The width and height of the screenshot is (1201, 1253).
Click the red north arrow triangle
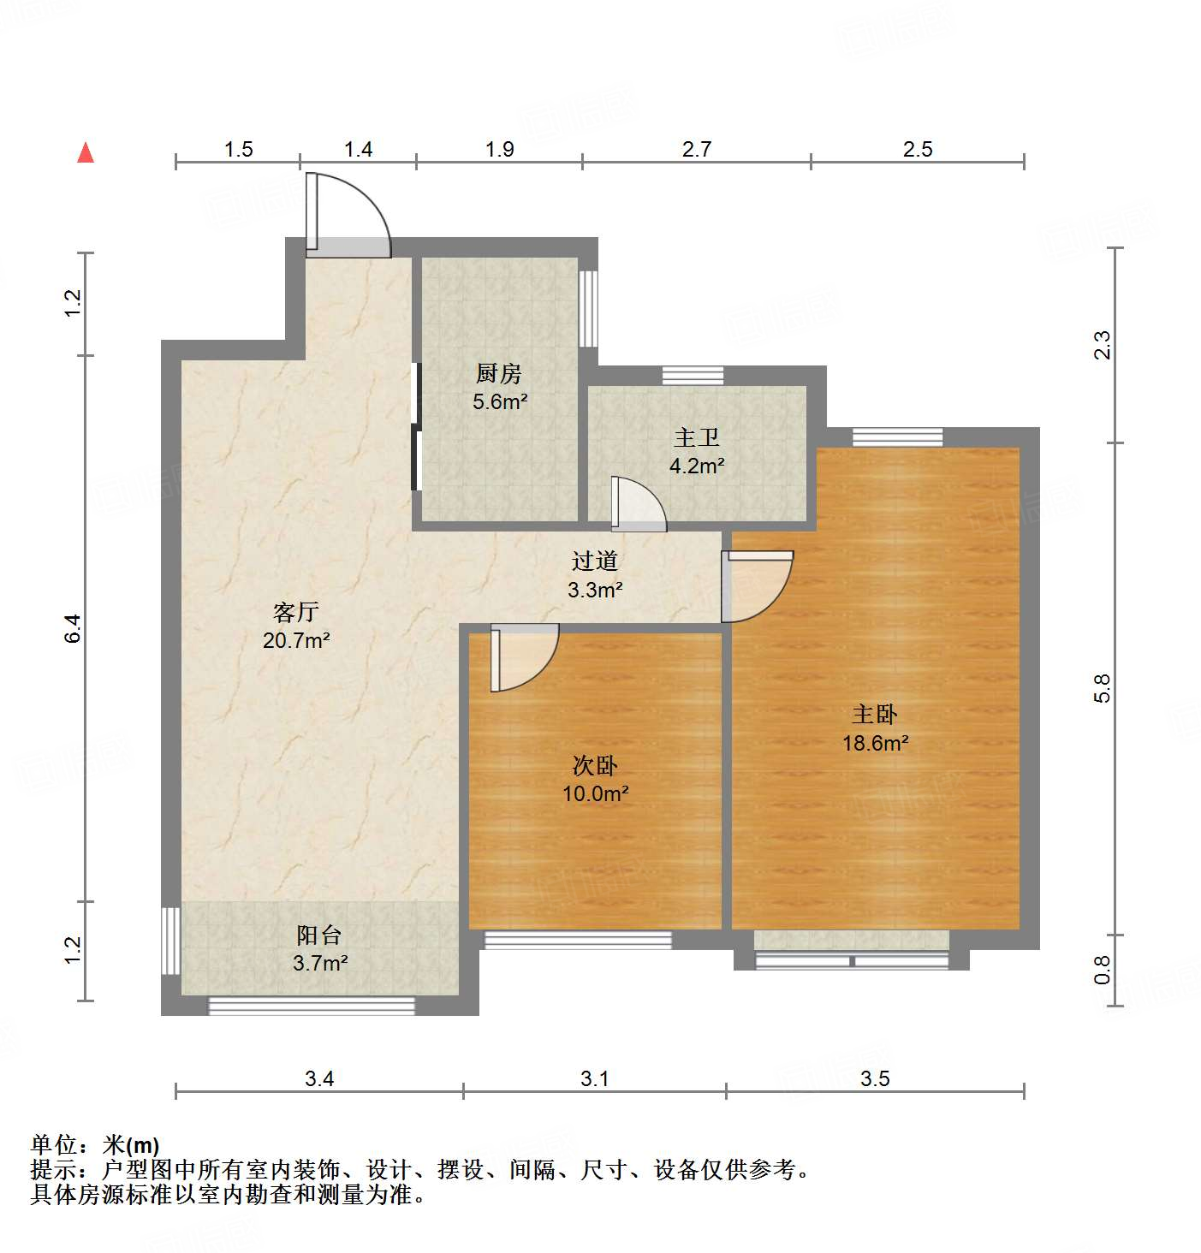click(x=86, y=153)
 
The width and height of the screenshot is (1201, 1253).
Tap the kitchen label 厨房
click(x=499, y=374)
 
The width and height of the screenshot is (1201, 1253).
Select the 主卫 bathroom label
click(x=696, y=438)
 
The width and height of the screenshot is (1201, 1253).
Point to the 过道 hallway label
click(x=595, y=561)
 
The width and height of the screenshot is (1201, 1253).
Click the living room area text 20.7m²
click(x=296, y=640)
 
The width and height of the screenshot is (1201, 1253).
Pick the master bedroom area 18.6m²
click(x=875, y=743)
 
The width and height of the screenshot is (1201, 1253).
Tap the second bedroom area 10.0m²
click(x=595, y=793)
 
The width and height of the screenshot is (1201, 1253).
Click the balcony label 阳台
click(x=319, y=935)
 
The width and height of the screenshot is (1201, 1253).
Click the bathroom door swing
click(x=638, y=504)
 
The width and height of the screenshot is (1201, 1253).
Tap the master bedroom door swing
click(x=756, y=586)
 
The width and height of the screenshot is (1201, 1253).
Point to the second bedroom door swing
click(x=523, y=657)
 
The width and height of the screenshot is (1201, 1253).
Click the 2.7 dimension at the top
click(x=697, y=149)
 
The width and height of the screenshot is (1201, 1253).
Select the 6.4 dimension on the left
click(x=74, y=629)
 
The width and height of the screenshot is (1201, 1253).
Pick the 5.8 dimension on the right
click(x=1103, y=688)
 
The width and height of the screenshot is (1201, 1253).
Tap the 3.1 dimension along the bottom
click(x=594, y=1078)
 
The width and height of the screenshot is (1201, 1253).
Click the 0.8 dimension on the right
click(x=1103, y=970)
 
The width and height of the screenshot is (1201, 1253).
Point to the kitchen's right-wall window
click(x=588, y=308)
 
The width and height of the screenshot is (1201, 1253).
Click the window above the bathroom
click(x=693, y=375)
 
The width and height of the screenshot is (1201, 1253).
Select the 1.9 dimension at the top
click(x=499, y=149)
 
